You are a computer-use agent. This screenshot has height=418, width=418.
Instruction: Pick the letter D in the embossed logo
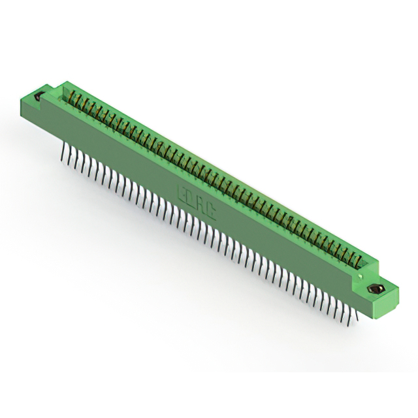pos(191,197)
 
